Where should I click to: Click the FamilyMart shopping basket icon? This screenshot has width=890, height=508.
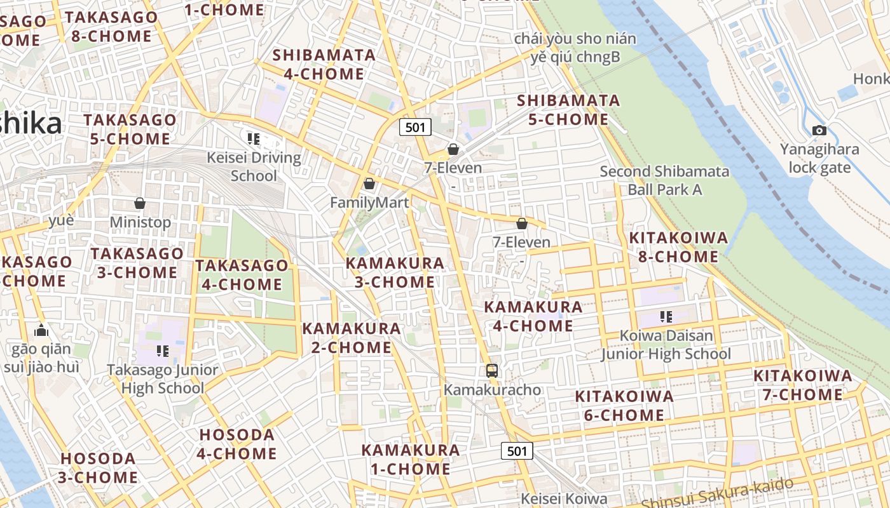coord(369,184)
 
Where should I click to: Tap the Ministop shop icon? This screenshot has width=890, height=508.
coord(140,204)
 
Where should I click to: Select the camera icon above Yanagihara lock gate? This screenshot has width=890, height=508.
coord(819,131)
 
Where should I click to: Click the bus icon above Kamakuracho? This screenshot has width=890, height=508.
coord(491,370)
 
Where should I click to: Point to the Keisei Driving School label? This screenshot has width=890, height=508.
coord(254,166)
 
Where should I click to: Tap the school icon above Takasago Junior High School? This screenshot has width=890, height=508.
coord(163,351)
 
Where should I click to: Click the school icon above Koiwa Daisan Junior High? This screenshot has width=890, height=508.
coord(666,316)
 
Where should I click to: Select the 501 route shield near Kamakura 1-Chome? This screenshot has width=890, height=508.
coord(517,451)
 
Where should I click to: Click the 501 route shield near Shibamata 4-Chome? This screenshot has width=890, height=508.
coord(415,127)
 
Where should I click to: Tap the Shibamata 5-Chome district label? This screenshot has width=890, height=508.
coord(568,110)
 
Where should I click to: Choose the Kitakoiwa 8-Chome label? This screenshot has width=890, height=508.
coord(678,248)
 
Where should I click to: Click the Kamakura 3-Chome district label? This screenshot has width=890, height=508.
coord(395,272)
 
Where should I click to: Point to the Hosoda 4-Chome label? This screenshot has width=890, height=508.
coord(236,444)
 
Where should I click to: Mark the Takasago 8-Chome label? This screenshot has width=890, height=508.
coord(111,27)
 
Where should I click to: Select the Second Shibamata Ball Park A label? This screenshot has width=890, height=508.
coord(664,180)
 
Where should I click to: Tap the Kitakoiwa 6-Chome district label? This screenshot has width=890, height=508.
coord(624,406)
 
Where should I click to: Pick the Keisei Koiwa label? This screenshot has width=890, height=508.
coord(564,499)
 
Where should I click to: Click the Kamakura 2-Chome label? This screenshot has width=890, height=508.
coord(351,338)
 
